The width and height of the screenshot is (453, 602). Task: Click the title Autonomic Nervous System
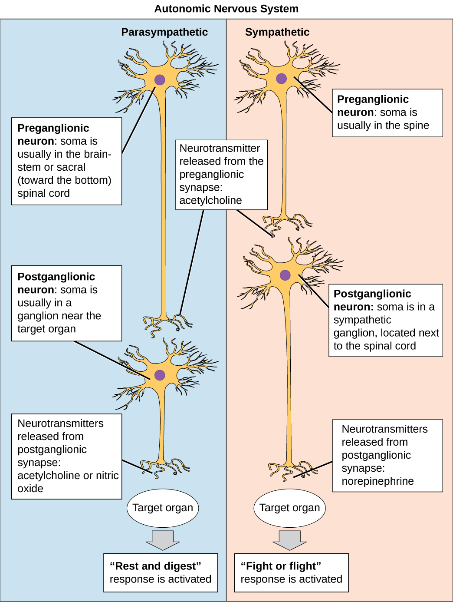click(226, 9)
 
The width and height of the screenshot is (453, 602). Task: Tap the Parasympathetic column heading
click(164, 32)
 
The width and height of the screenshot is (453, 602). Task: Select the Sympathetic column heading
click(277, 32)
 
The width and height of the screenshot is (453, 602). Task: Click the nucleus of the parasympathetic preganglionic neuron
click(160, 80)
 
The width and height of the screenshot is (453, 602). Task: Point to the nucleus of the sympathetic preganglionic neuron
click(281, 79)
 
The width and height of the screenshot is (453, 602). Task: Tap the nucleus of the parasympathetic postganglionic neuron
click(160, 375)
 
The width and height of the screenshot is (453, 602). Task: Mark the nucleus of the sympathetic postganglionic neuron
click(285, 275)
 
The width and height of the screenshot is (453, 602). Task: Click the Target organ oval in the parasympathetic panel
click(163, 508)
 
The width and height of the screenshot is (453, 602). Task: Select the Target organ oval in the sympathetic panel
click(289, 508)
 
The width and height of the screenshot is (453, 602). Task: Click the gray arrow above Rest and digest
click(163, 540)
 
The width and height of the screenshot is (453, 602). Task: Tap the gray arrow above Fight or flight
click(289, 540)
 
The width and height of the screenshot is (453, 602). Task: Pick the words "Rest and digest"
click(155, 566)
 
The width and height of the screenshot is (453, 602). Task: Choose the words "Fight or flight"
click(281, 566)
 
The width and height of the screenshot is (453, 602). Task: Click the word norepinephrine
click(377, 481)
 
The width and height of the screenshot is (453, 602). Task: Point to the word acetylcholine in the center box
click(210, 200)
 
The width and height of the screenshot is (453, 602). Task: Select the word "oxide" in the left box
click(30, 489)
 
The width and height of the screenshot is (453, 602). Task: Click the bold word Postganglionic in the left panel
click(56, 277)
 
